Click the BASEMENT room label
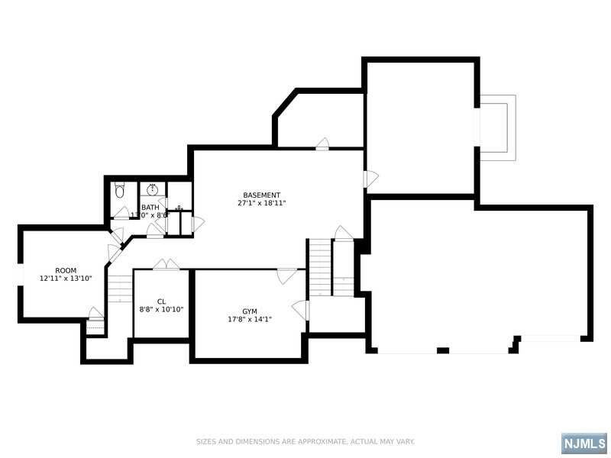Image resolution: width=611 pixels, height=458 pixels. coord(262,195)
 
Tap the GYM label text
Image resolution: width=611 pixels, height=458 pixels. coord(250,311)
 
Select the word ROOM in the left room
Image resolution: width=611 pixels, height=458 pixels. coord(66,270)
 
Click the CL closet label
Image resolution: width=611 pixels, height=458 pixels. coord(161,302)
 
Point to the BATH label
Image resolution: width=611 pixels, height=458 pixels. coord(150,208)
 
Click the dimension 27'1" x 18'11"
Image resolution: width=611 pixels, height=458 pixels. coord(262,204)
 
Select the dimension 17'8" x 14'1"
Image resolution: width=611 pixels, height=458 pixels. coord(250,320)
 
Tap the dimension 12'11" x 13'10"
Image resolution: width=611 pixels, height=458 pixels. coord(66,279)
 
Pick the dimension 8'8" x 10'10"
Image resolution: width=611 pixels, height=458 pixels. coord(161,310)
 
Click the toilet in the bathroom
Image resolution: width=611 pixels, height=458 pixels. coord(119,190)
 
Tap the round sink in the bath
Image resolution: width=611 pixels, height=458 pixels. coord(152,189)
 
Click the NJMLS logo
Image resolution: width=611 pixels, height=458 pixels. coord(584,443)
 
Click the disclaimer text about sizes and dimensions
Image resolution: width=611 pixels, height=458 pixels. coord(305,441)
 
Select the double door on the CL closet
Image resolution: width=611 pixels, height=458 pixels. coord(166,265)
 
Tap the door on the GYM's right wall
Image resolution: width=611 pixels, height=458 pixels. coord(302,310)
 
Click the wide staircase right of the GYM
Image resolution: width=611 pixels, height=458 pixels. coord(320,267)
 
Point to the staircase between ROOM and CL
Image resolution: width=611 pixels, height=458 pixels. coord(119,289)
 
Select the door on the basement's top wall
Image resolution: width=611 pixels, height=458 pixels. coord(322,144)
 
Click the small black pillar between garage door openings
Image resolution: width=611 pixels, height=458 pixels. coord(443,350)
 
